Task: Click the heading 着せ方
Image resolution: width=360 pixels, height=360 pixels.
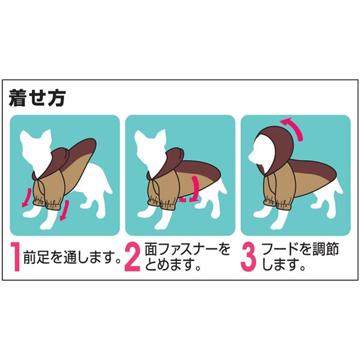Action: point(37,98)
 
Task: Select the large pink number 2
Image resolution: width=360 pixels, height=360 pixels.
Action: point(133,256)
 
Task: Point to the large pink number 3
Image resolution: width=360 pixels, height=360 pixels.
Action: point(248,256)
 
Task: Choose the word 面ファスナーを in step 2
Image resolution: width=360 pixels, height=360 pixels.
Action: point(187,250)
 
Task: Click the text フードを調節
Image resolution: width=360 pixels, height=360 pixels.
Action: point(301,250)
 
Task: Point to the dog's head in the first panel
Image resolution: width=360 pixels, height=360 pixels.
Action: point(35,149)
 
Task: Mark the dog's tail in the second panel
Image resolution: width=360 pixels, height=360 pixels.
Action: point(222,184)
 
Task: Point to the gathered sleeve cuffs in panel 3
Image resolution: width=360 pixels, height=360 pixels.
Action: point(277,204)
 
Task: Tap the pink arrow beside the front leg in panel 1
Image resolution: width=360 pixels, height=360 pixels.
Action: point(64,209)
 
